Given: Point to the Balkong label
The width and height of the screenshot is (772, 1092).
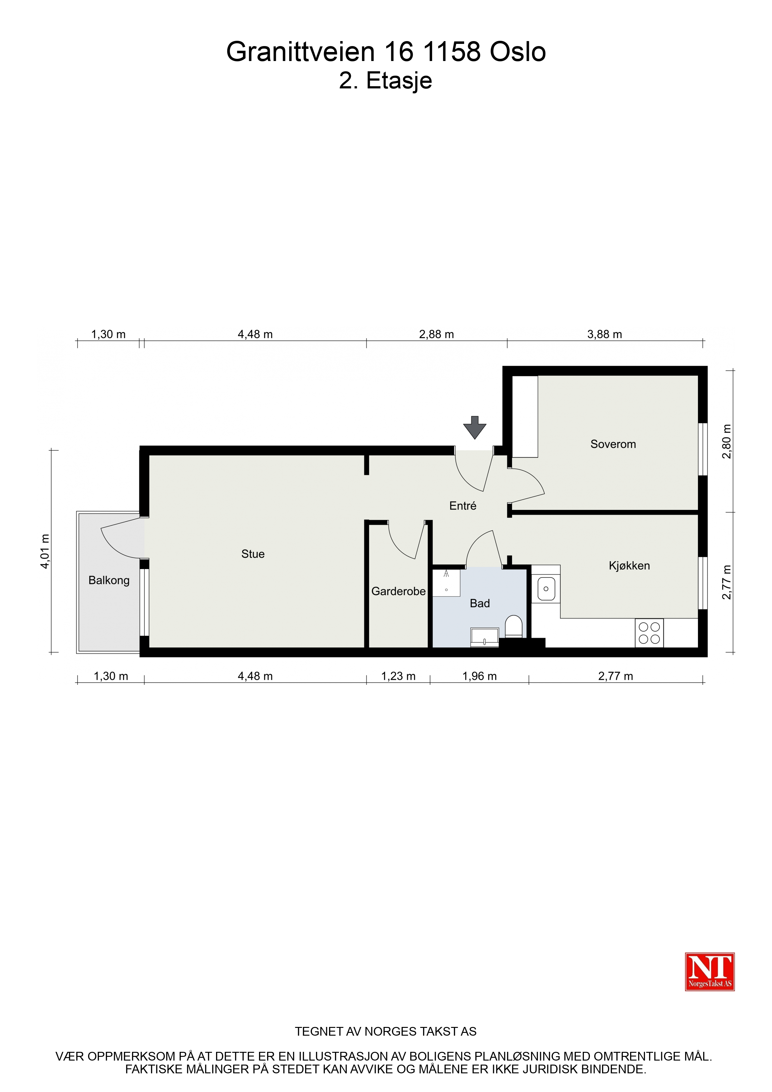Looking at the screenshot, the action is (109, 580).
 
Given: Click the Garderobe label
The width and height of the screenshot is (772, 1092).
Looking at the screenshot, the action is (398, 591).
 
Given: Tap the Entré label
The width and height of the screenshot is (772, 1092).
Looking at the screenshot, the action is (463, 506).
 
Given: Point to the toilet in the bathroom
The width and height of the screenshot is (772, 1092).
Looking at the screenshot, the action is (513, 626).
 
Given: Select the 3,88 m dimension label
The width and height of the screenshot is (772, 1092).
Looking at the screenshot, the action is (605, 334).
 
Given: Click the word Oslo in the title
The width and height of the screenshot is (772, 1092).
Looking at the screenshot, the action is (518, 51).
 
